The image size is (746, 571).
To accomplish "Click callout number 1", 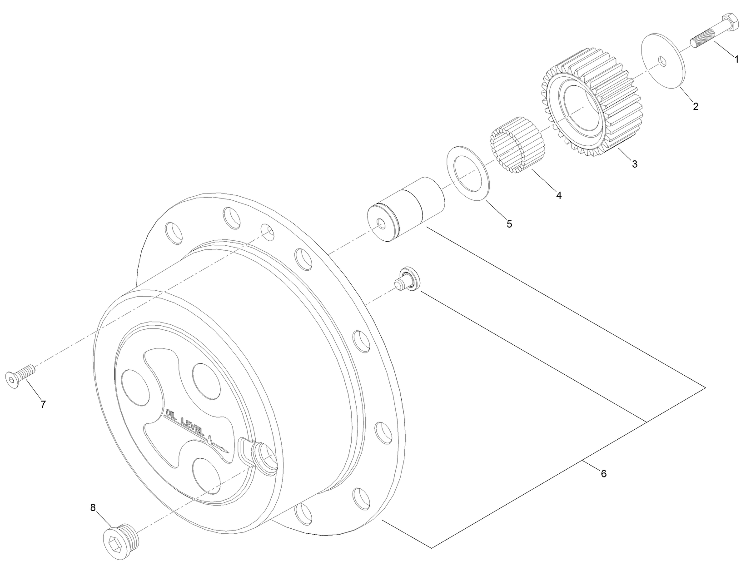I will [736, 59].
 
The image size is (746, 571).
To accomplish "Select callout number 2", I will [696, 106].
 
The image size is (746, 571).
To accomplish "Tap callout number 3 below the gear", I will [635, 164].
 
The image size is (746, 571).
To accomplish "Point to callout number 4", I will [559, 195].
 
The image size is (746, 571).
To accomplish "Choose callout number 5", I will [509, 224].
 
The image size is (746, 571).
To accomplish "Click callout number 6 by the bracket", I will [603, 473].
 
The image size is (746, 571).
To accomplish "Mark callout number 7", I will [43, 404].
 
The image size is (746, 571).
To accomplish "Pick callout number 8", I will [93, 508].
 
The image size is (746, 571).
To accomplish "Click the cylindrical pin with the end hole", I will [404, 209].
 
